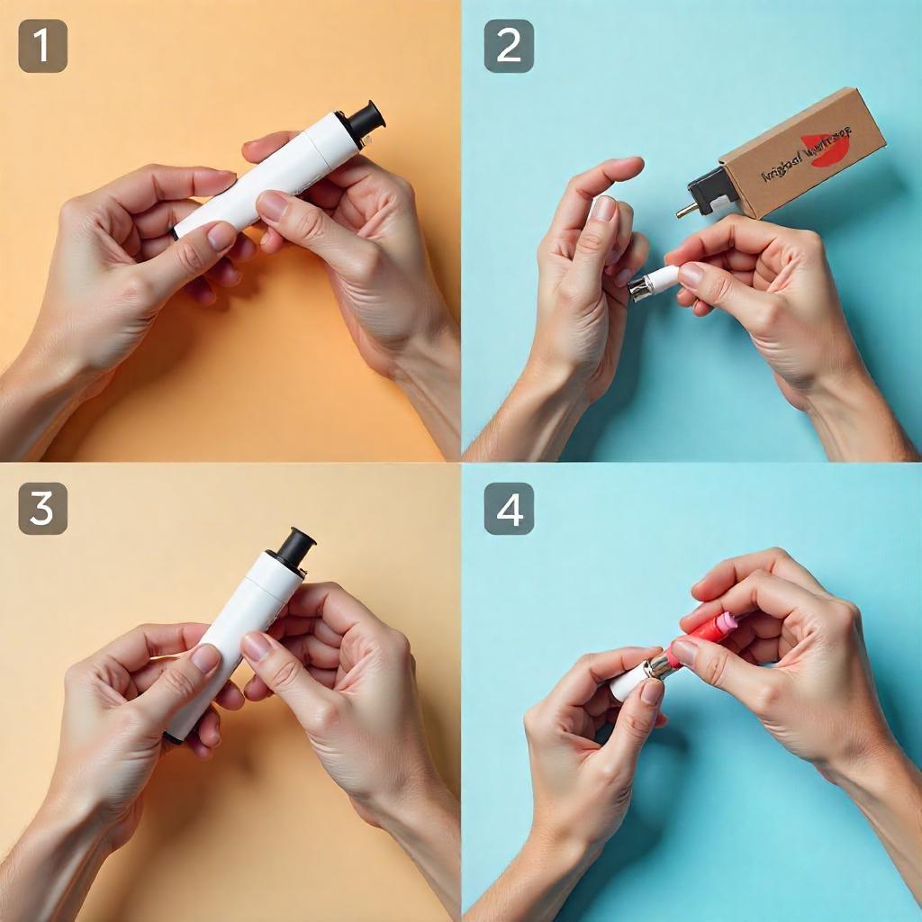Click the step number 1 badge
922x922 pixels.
click(42, 46)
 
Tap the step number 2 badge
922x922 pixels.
click(509, 46)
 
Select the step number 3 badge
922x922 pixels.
click(42, 509)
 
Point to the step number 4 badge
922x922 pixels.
click(509, 509)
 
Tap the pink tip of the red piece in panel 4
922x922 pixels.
click(728, 621)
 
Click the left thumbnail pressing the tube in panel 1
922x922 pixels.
click(221, 236)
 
